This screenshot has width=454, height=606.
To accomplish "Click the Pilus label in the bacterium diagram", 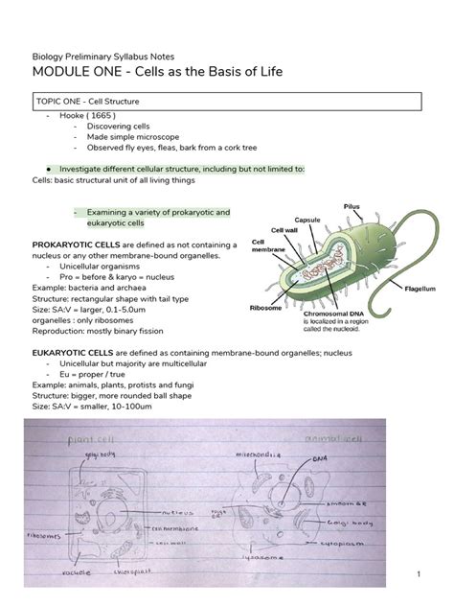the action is click(x=352, y=206).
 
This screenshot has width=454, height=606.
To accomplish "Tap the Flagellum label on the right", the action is click(x=421, y=286).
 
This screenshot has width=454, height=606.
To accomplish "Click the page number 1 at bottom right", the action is click(x=420, y=573).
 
